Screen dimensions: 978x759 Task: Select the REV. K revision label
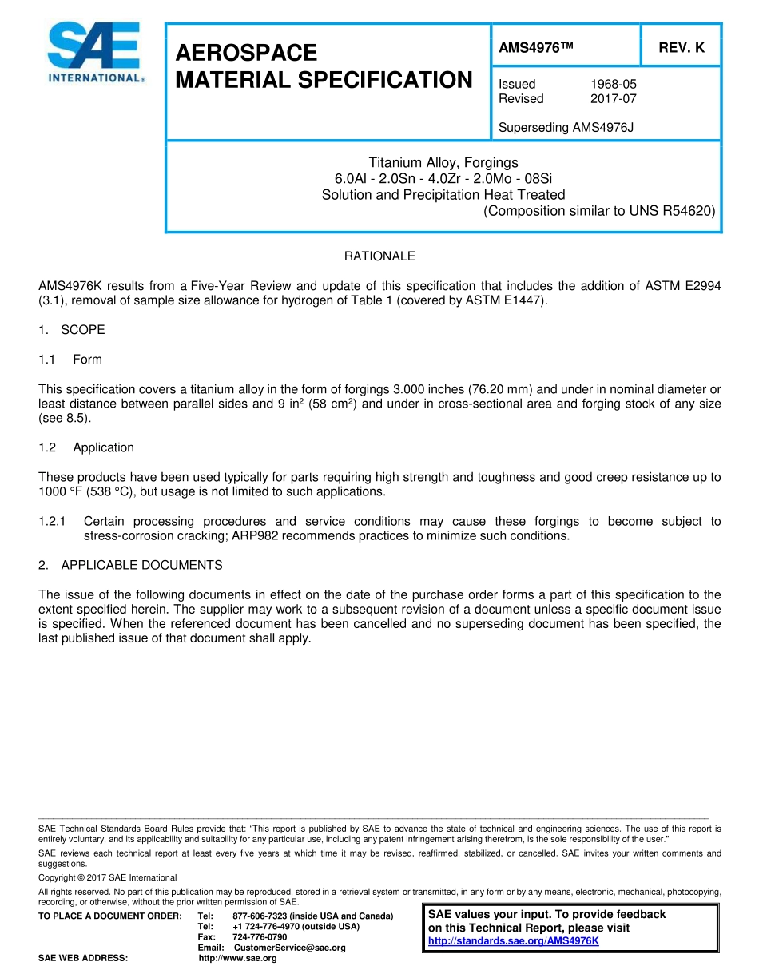pyautogui.click(x=681, y=47)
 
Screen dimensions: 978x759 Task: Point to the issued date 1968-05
pyautogui.click(x=613, y=84)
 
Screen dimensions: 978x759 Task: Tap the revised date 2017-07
pyautogui.click(x=613, y=99)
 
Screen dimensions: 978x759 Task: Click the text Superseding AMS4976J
pyautogui.click(x=566, y=127)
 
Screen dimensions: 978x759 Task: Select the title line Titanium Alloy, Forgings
pyautogui.click(x=443, y=162)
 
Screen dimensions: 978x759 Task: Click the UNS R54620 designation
pyautogui.click(x=676, y=211)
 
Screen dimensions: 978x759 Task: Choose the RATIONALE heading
pyautogui.click(x=379, y=256)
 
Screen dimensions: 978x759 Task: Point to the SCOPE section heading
pyautogui.click(x=82, y=330)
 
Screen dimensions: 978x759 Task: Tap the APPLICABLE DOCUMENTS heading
pyautogui.click(x=141, y=565)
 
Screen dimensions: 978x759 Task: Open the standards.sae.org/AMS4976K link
pyautogui.click(x=513, y=940)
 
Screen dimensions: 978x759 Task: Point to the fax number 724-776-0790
pyautogui.click(x=260, y=936)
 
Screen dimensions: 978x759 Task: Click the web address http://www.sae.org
pyautogui.click(x=237, y=958)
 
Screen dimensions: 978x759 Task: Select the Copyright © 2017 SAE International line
pyautogui.click(x=108, y=877)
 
